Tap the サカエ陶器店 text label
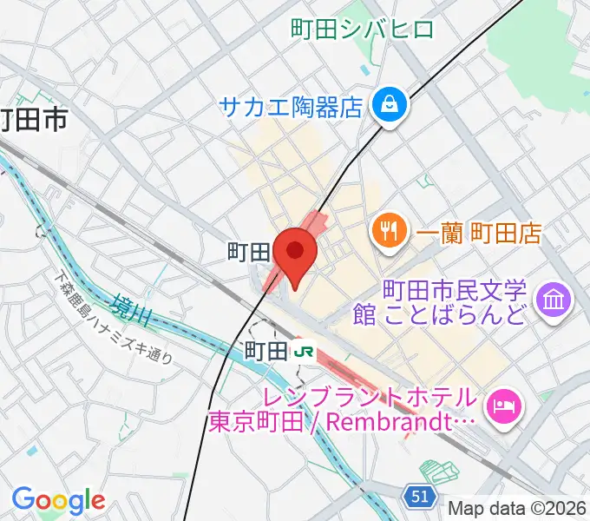290,107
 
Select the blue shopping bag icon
388,107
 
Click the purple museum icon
554,300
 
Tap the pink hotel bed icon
504,405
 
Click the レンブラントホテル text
344,398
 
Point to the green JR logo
303,352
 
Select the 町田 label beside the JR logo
265,352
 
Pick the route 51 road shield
419,496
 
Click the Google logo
58,500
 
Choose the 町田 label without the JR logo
248,253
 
